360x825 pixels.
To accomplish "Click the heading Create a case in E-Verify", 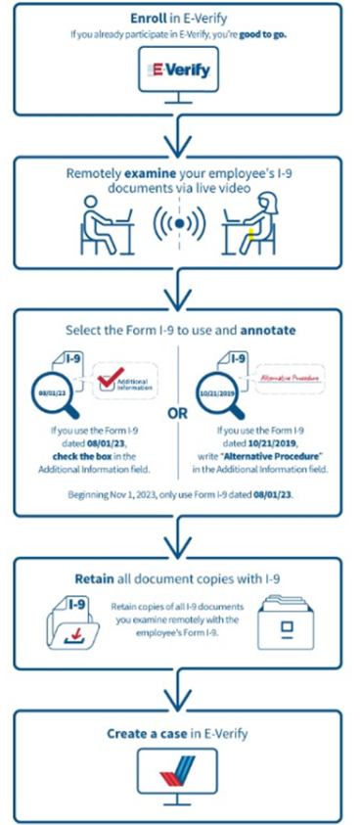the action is [x=180, y=733].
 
